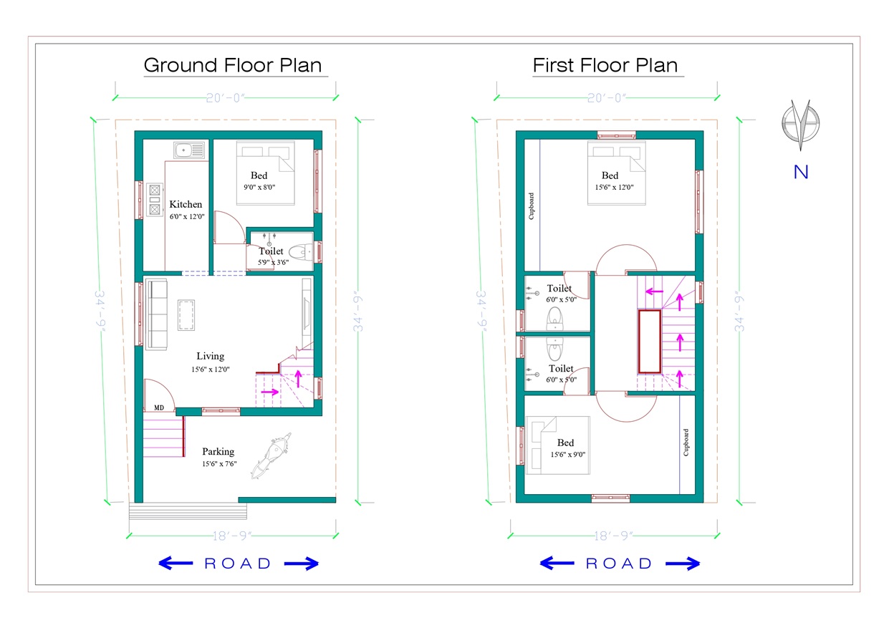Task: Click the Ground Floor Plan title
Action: coord(233,65)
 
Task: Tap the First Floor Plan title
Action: coord(605,65)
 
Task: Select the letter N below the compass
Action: coord(801,172)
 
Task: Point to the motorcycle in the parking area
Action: coord(271,455)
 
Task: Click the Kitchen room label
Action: coord(186,204)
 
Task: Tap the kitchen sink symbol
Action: coord(189,150)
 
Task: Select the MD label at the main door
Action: coord(159,407)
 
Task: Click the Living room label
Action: coord(211,357)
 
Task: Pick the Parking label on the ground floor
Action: coord(218,451)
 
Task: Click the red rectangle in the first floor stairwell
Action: coord(650,342)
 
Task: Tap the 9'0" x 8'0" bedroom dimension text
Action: coord(259,187)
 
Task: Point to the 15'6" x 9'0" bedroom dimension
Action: coord(567,455)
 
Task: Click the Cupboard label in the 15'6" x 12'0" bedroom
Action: coord(531,206)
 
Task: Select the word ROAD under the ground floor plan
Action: coord(238,564)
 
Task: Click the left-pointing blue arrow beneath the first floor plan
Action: coord(557,563)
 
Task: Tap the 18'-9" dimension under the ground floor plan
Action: coord(232,536)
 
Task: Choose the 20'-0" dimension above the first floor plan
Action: coord(607,97)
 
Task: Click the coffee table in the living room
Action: coord(186,315)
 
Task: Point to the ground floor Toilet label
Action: coord(271,251)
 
